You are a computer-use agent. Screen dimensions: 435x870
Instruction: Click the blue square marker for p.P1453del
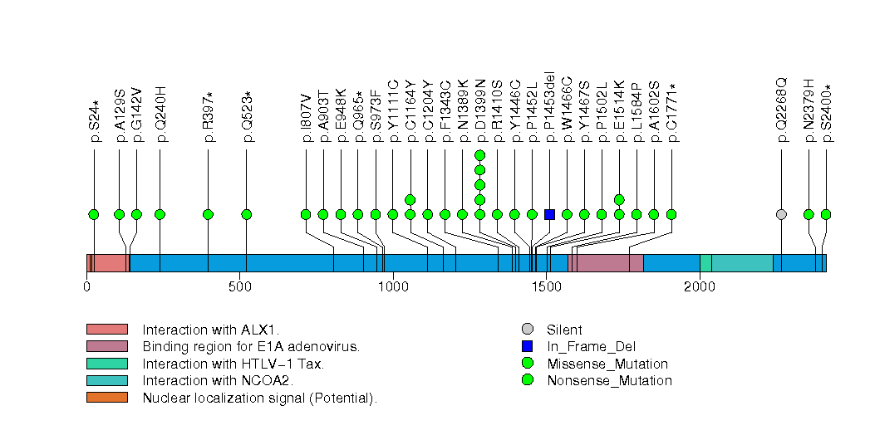click(549, 214)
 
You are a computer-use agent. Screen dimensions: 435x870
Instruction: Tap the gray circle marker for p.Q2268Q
click(781, 214)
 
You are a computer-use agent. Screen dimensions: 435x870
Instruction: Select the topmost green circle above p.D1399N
click(479, 155)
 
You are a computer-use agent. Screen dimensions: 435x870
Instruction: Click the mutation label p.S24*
click(95, 121)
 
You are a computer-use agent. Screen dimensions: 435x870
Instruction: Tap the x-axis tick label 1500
click(546, 287)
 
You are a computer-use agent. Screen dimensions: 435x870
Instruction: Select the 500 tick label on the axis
click(240, 287)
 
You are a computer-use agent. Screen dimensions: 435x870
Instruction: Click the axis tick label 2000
click(700, 287)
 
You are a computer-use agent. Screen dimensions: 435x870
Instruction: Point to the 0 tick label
click(87, 287)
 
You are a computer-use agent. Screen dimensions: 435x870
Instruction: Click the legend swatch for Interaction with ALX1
click(106, 330)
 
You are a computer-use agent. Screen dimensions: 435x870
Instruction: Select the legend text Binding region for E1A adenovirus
click(250, 346)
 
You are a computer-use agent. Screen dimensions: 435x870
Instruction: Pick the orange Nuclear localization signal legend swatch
click(106, 398)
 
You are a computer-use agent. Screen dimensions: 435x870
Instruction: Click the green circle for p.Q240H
click(160, 214)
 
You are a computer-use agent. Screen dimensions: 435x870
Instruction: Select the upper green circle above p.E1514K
click(619, 199)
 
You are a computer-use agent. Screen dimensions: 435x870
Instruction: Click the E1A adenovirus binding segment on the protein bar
click(610, 263)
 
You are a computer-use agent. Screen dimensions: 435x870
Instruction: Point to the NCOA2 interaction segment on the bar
click(742, 263)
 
